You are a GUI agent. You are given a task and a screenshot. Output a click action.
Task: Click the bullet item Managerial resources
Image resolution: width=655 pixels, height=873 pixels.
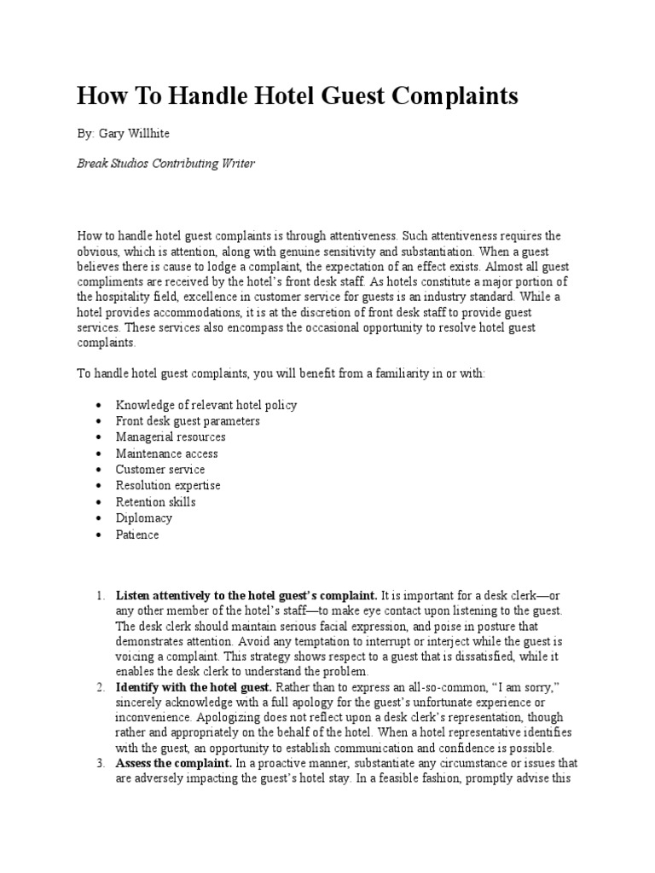pyautogui.click(x=171, y=437)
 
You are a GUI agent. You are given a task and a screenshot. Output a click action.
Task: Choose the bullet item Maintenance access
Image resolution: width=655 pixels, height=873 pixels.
pyautogui.click(x=166, y=454)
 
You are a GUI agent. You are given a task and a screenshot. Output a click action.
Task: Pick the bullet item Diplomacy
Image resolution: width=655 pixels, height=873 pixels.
pyautogui.click(x=143, y=518)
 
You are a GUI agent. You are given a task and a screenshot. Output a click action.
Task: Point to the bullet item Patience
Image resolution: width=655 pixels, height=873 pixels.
pyautogui.click(x=137, y=535)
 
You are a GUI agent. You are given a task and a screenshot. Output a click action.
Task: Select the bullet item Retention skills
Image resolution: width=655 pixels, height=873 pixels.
pyautogui.click(x=155, y=502)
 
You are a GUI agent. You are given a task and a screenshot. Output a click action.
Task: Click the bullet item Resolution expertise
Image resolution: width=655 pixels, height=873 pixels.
pyautogui.click(x=168, y=486)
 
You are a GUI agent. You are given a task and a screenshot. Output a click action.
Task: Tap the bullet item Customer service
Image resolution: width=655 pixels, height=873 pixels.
pyautogui.click(x=160, y=470)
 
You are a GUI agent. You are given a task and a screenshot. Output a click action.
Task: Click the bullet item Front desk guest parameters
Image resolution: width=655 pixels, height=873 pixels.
pyautogui.click(x=188, y=421)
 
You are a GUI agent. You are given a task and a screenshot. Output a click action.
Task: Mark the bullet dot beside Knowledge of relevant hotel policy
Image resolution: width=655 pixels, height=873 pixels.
pyautogui.click(x=100, y=406)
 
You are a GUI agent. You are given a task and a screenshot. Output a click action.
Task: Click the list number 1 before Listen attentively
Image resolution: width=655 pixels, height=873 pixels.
pyautogui.click(x=100, y=594)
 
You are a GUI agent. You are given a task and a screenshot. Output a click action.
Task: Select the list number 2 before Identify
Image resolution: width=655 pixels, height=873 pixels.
pyautogui.click(x=100, y=687)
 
